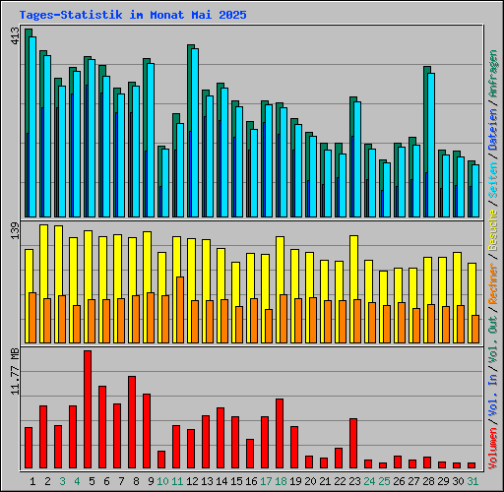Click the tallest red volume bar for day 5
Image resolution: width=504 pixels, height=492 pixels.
tap(88, 409)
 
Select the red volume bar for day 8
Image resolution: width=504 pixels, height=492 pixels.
tap(132, 422)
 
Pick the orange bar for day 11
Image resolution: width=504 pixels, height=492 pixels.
tap(180, 310)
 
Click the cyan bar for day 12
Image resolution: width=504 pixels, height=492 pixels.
tap(195, 133)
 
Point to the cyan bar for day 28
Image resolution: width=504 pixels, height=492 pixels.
tap(431, 145)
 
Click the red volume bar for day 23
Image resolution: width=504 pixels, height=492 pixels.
tap(353, 443)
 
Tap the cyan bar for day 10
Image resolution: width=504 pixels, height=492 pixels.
tap(165, 183)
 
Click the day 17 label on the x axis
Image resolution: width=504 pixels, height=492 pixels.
tap(266, 481)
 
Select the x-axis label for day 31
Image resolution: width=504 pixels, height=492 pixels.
tap(472, 481)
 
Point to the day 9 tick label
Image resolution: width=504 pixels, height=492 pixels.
tap(151, 481)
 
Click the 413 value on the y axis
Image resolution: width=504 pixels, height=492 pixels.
tap(15, 36)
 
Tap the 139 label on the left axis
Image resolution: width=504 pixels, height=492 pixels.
tap(15, 230)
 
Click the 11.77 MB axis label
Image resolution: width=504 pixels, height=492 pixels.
tap(15, 372)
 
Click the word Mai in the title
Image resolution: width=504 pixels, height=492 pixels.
tap(202, 15)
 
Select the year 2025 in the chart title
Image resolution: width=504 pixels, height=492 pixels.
tap(232, 15)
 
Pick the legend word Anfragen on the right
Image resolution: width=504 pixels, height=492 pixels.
tap(492, 74)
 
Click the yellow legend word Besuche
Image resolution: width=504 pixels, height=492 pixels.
tap(492, 230)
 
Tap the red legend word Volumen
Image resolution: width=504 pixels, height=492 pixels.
tap(492, 449)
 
